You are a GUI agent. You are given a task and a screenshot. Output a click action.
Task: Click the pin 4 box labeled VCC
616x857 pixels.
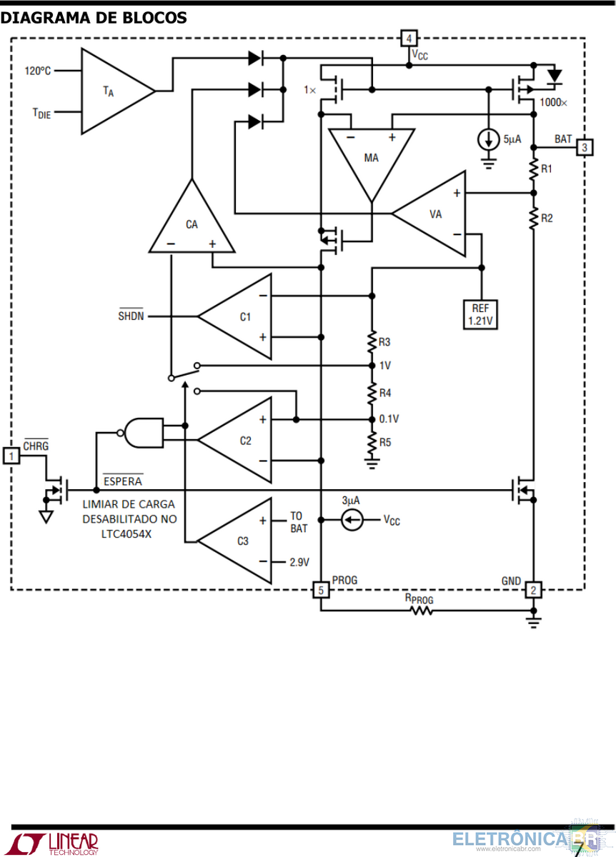(409, 39)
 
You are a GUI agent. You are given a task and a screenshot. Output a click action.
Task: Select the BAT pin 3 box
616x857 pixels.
(585, 147)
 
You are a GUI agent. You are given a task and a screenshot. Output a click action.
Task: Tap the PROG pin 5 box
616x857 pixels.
(321, 590)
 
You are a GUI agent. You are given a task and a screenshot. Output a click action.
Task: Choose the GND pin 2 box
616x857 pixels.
(533, 590)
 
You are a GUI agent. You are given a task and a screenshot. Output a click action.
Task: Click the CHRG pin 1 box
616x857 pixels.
(11, 456)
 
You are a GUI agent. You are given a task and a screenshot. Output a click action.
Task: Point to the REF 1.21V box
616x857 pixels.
(480, 314)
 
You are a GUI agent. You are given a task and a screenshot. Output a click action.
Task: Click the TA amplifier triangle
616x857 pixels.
(118, 91)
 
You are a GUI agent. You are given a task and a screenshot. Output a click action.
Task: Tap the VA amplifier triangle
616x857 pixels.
(429, 214)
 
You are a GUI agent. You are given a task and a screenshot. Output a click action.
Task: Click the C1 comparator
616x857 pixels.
(234, 316)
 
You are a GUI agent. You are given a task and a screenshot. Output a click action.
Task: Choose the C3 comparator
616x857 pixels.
(234, 541)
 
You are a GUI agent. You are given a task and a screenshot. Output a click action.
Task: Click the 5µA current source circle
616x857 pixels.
(489, 139)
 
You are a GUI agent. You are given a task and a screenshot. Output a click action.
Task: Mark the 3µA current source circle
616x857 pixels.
(352, 520)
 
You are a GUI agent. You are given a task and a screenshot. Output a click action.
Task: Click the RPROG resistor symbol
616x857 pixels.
(422, 611)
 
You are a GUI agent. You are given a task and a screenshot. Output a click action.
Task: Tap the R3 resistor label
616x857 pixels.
(384, 342)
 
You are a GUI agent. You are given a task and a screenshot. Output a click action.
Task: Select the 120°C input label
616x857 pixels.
(38, 71)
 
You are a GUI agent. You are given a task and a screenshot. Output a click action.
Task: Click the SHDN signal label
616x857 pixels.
(131, 315)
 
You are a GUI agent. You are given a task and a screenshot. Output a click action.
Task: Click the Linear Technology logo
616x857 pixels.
(54, 843)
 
